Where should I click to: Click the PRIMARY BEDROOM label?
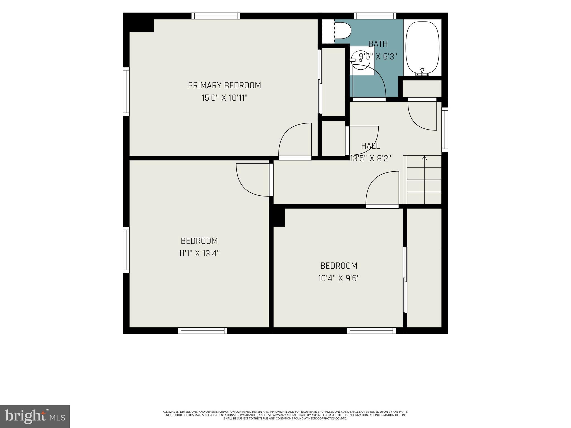(224, 85)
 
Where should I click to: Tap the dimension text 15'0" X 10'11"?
(224, 98)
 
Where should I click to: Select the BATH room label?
(378, 44)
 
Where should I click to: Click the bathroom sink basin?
(362, 60)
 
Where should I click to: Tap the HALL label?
(371, 146)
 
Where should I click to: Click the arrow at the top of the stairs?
(424, 158)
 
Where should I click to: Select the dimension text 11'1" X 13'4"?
(199, 254)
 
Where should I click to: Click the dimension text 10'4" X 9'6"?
(339, 278)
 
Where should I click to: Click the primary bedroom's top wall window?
(216, 16)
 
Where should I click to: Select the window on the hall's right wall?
(445, 130)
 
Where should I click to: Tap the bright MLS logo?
(35, 417)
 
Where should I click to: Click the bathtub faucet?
(422, 72)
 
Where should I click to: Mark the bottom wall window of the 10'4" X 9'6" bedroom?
(371, 330)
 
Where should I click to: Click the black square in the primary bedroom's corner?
(139, 23)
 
